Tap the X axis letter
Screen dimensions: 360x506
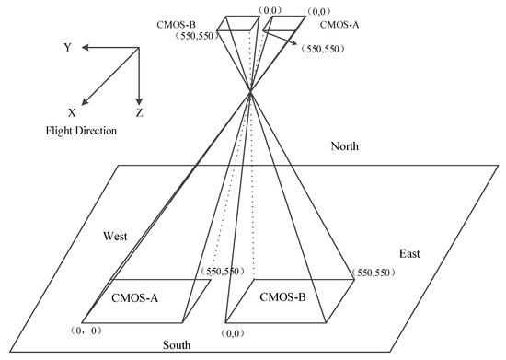click(x=71, y=111)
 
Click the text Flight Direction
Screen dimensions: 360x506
click(x=81, y=131)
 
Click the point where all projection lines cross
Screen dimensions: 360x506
click(x=250, y=89)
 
